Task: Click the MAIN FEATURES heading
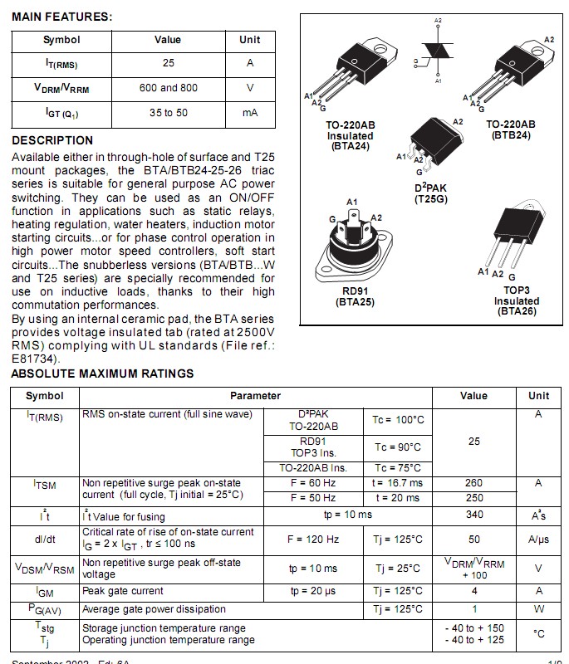[x=62, y=17]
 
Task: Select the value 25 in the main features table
[x=168, y=63]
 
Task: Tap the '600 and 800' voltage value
[x=168, y=87]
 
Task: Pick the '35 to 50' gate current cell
[x=168, y=112]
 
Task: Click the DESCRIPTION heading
[x=52, y=140]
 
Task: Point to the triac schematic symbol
[x=438, y=51]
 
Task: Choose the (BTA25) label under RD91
[x=355, y=302]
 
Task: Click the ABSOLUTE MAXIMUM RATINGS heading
[x=102, y=373]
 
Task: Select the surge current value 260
[x=473, y=482]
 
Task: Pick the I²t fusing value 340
[x=473, y=515]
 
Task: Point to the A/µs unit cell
[x=538, y=539]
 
